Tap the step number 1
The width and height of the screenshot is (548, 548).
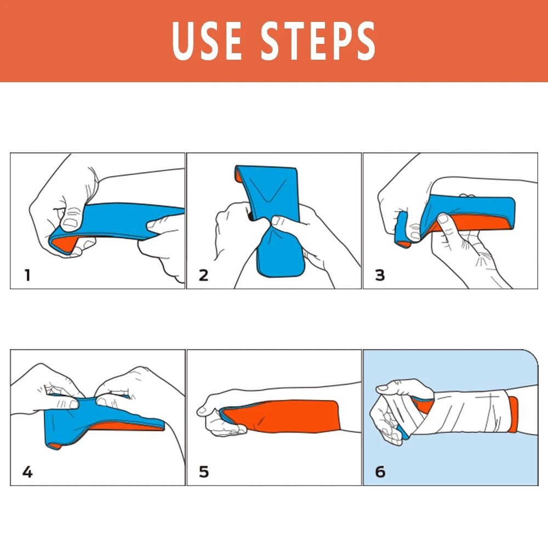[x=27, y=275]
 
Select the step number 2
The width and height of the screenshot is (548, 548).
[x=203, y=275]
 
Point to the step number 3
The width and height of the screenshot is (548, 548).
[x=380, y=275]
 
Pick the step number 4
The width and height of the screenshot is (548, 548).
[x=27, y=471]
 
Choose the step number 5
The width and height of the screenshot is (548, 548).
[x=203, y=471]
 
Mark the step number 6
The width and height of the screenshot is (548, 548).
[x=380, y=471]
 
